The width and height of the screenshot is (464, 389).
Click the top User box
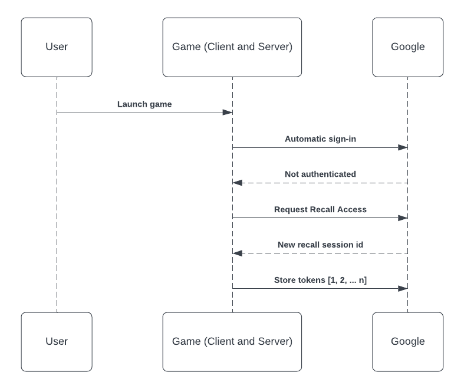(57, 47)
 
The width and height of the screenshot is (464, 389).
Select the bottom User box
(57, 342)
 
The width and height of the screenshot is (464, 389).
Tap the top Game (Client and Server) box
(232, 47)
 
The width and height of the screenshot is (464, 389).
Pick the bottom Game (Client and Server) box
(232, 342)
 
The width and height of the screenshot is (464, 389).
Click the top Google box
(407, 47)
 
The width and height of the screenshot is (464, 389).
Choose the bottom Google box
(407, 342)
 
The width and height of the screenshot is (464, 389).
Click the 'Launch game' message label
(144, 104)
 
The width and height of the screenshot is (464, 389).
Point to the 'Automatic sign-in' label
(320, 140)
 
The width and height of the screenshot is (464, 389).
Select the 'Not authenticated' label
(320, 174)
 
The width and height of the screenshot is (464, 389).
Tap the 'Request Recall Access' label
(320, 210)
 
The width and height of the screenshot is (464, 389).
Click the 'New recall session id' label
(320, 245)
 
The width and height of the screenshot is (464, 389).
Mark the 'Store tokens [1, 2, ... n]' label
(320, 281)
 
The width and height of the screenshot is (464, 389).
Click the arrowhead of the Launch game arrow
(227, 113)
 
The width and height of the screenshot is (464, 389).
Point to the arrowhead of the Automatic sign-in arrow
(403, 147)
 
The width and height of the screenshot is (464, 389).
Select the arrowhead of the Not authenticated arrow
(238, 183)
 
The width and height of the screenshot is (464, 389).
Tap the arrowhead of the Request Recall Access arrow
(403, 218)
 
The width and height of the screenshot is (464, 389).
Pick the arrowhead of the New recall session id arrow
(238, 253)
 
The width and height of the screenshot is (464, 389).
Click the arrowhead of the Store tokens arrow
(403, 289)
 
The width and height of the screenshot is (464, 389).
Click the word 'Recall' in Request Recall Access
(323, 210)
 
